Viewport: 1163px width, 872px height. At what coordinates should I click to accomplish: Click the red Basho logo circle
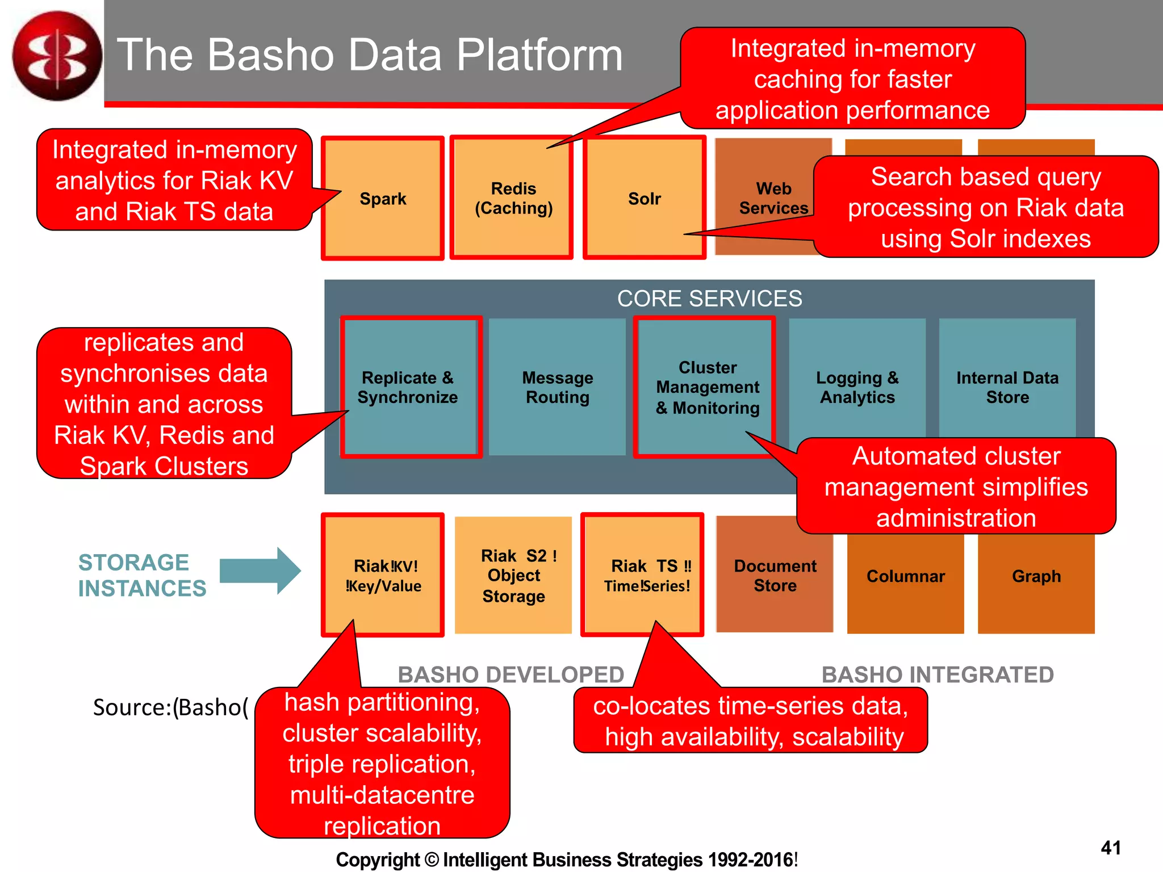(57, 56)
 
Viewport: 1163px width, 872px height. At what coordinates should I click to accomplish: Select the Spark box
(383, 198)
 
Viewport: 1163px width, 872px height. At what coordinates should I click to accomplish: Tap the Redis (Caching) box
(513, 198)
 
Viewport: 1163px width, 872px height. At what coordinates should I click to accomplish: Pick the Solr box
(645, 198)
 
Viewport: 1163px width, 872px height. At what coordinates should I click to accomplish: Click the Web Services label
(773, 198)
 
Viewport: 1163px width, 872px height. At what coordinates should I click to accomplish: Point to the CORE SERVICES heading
(709, 299)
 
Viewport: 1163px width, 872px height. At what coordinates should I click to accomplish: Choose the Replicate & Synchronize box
(408, 387)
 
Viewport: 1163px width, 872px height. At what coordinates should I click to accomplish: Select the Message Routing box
(557, 387)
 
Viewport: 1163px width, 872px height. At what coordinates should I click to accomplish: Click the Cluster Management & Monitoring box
(707, 387)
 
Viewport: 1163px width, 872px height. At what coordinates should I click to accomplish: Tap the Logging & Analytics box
(857, 387)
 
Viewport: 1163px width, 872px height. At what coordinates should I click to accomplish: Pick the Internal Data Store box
(1007, 387)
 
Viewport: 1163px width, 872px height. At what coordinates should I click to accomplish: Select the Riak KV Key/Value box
(383, 575)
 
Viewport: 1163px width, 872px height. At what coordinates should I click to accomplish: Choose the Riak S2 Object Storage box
(513, 575)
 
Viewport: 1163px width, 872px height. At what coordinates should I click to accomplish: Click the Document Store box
(775, 575)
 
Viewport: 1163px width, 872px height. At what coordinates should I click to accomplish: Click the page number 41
(1110, 848)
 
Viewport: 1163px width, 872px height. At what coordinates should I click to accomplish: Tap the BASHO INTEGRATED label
(937, 674)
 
